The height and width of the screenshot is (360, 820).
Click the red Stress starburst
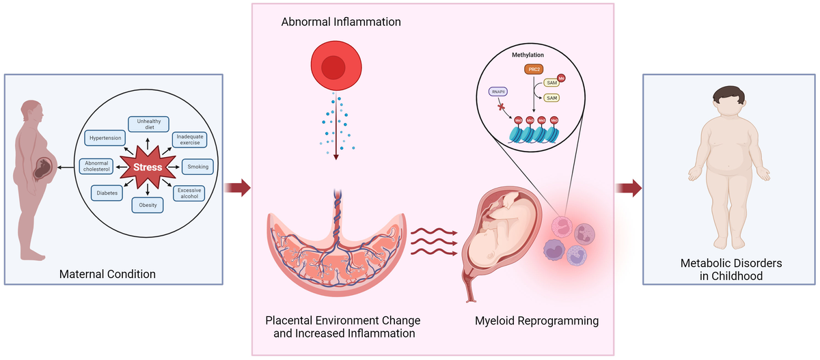coord(148,167)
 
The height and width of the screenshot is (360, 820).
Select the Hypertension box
coord(105,138)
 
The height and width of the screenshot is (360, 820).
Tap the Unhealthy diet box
coord(148,124)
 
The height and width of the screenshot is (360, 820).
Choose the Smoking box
coord(198,167)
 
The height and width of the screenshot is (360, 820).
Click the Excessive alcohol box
coord(189,193)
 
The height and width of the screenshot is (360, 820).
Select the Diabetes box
coord(107,193)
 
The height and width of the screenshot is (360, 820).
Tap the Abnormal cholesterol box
coord(98,167)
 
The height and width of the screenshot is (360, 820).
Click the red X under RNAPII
coord(502,107)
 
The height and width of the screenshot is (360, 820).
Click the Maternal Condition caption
coord(107,275)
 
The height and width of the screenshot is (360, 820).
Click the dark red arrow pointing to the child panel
coord(629,187)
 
